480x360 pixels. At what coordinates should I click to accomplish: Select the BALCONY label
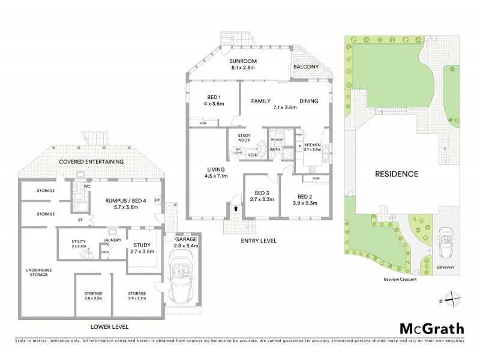tap(306, 67)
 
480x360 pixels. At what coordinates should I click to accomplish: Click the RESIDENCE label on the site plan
tap(397, 174)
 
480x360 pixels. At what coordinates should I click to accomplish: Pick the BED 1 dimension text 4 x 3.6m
tap(212, 104)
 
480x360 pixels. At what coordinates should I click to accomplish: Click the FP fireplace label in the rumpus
tap(157, 199)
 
